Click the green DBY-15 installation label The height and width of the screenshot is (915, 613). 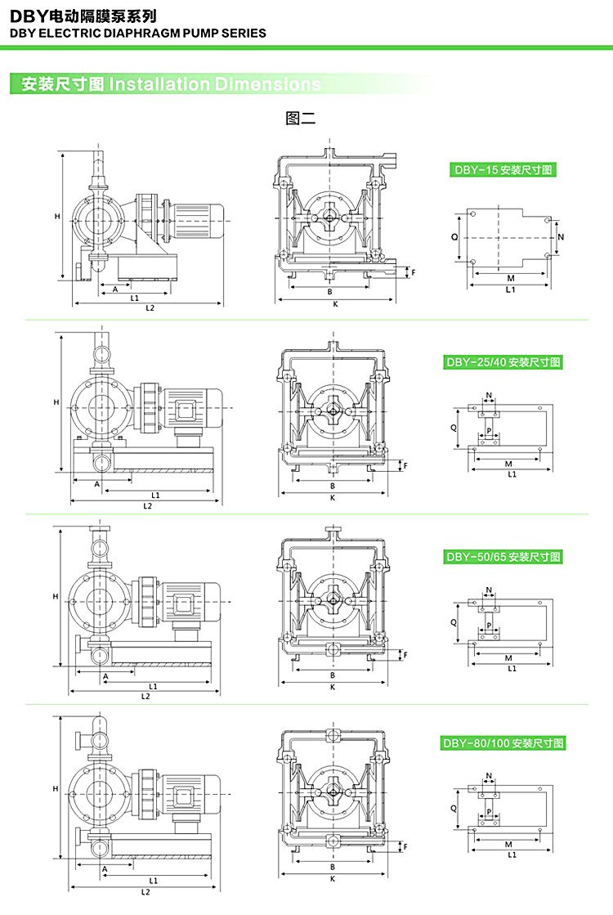503,170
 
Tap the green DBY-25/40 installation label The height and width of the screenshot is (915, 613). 503,361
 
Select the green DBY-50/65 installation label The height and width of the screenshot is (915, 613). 503,557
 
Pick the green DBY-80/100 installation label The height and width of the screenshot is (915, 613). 503,743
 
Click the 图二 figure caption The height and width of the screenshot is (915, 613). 300,118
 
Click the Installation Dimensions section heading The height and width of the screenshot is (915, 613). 171,84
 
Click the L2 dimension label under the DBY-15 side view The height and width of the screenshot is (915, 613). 150,308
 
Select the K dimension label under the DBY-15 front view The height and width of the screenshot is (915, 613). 335,304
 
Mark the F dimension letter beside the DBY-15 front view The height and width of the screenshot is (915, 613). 414,272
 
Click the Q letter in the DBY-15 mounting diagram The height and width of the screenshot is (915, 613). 454,235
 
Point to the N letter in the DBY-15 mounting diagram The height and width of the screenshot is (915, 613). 561,235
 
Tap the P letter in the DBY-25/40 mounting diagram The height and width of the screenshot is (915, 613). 489,431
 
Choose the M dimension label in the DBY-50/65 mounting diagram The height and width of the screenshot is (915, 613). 508,657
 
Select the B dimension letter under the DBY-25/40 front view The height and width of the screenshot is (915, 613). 332,487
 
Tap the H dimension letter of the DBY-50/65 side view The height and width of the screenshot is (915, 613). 55,595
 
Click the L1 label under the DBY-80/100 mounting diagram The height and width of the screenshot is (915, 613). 512,854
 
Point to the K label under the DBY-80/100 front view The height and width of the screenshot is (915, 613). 333,879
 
